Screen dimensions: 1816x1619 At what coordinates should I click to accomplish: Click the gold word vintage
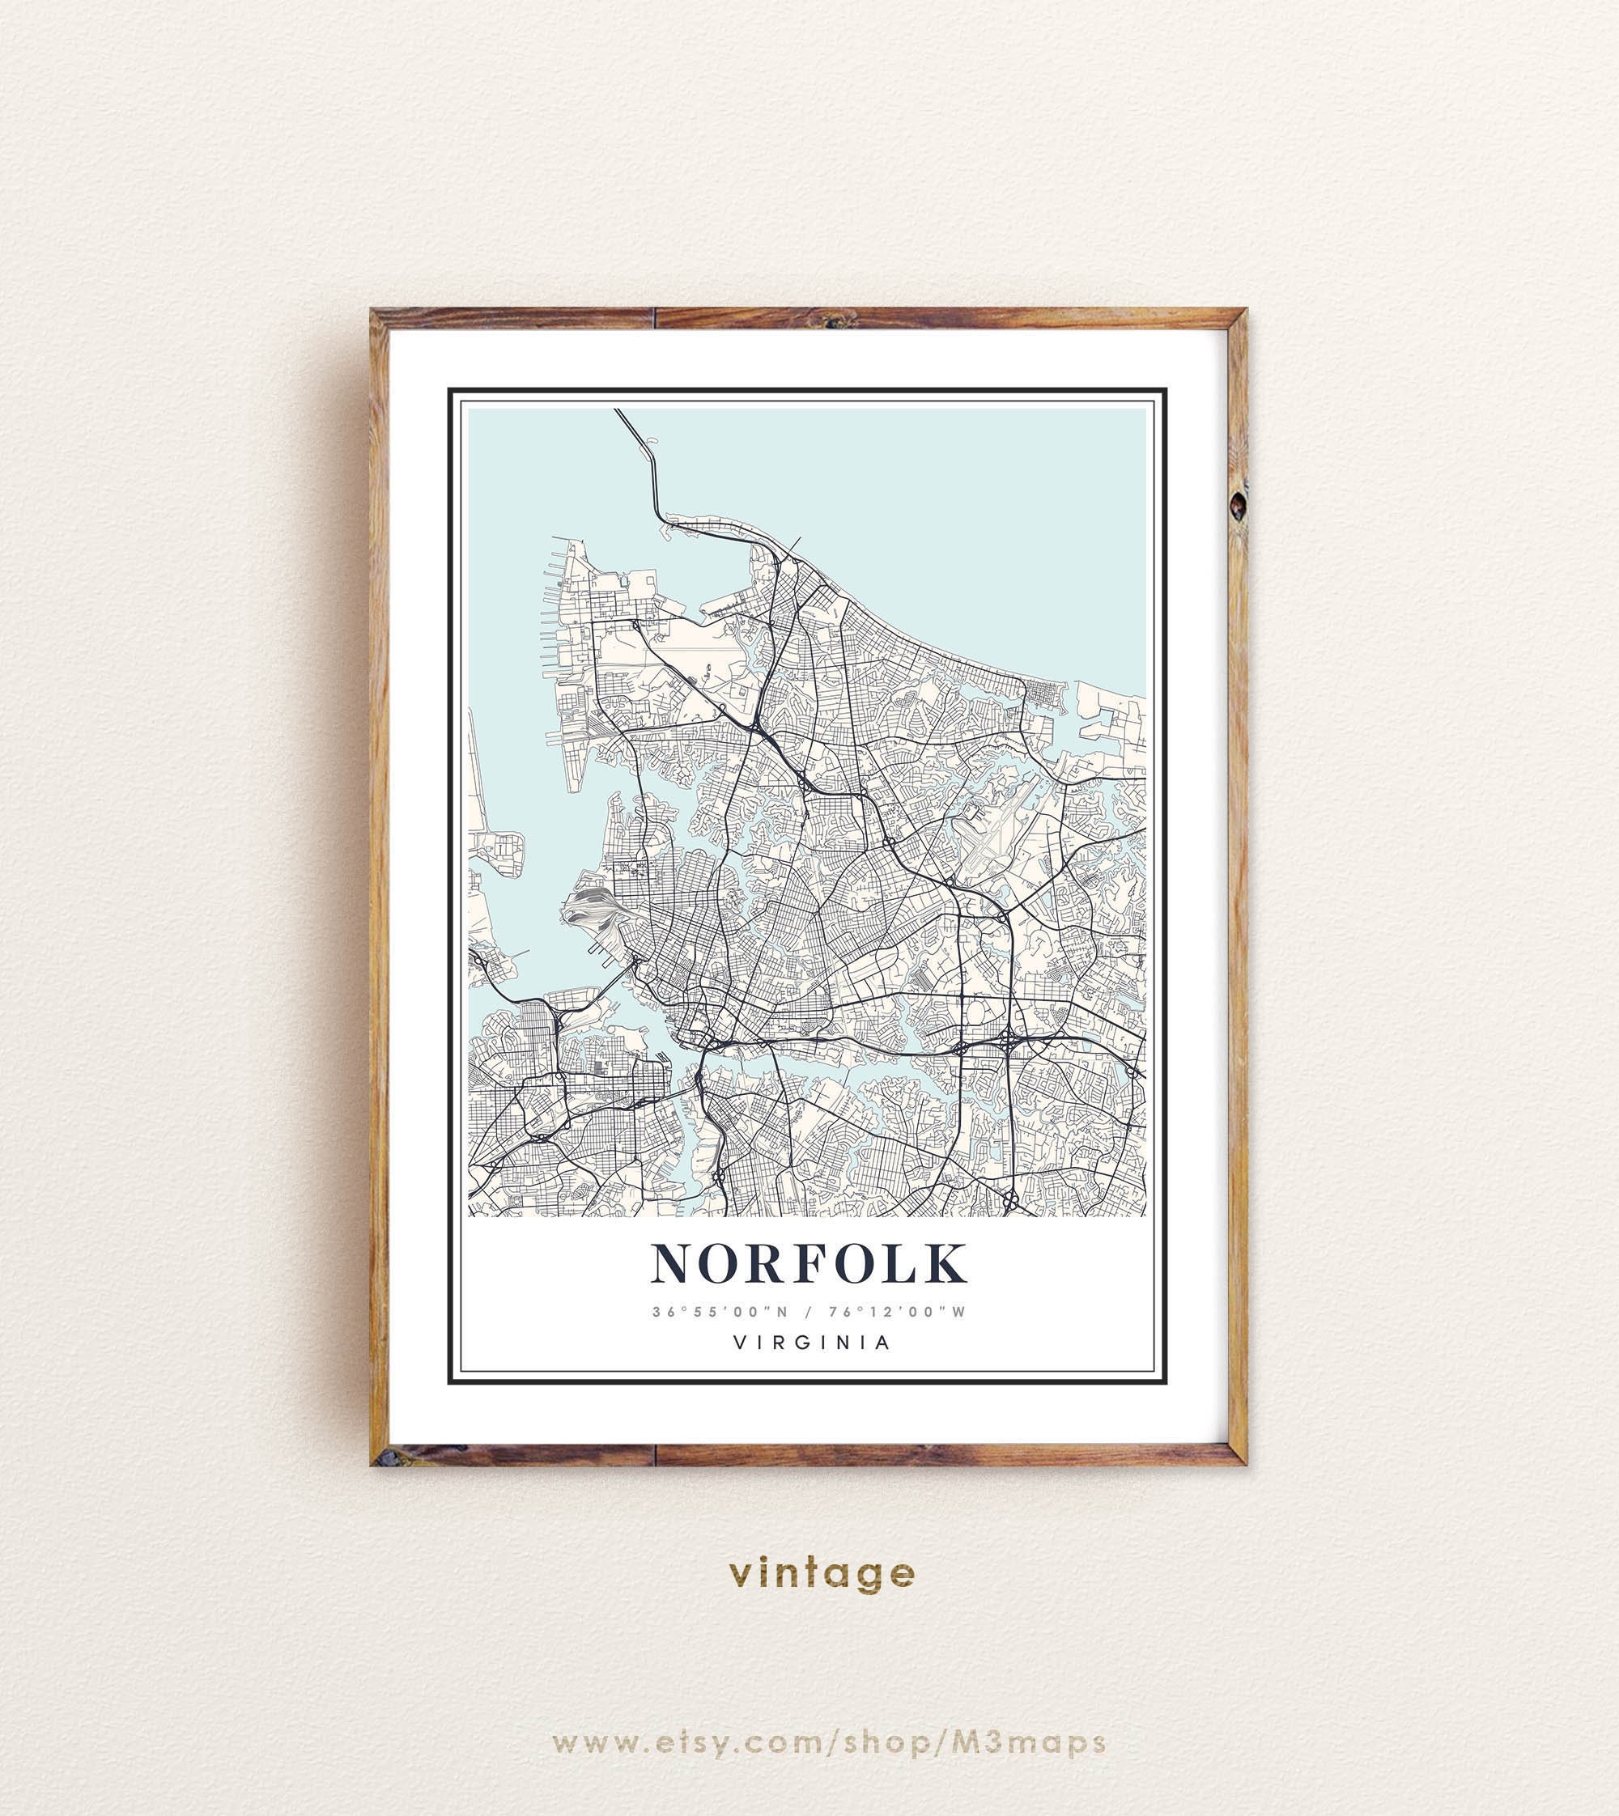pos(821,1573)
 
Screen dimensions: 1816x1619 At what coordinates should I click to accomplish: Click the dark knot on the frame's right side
pos(1238,505)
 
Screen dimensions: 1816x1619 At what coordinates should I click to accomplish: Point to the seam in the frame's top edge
pos(654,318)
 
